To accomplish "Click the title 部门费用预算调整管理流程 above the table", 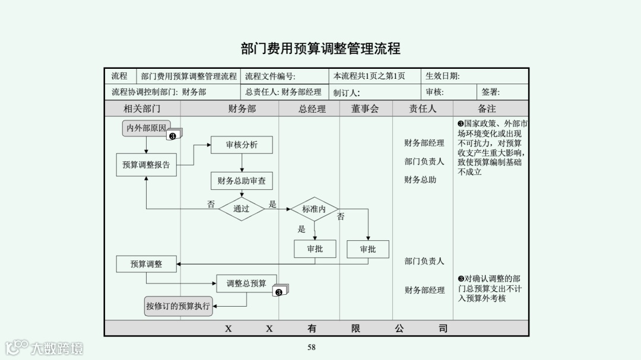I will (x=320, y=49).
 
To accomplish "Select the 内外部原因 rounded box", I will (x=146, y=128).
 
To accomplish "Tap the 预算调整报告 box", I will (x=146, y=165).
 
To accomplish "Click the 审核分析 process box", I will (x=242, y=145).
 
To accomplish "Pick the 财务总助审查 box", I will (x=242, y=181).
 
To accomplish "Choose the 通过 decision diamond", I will (x=241, y=209).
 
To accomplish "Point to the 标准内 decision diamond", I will (x=314, y=209).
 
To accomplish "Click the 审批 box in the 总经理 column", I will (x=315, y=249).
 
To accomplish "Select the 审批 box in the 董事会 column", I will (x=368, y=249).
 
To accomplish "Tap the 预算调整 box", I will (x=146, y=264).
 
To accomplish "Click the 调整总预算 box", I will (x=246, y=283).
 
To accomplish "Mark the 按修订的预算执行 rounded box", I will (x=178, y=306).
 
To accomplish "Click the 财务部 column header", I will (x=242, y=109).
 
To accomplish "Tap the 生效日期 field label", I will (x=442, y=77).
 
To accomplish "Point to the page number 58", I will (x=312, y=348).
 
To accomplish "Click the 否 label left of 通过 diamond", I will (x=211, y=204).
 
